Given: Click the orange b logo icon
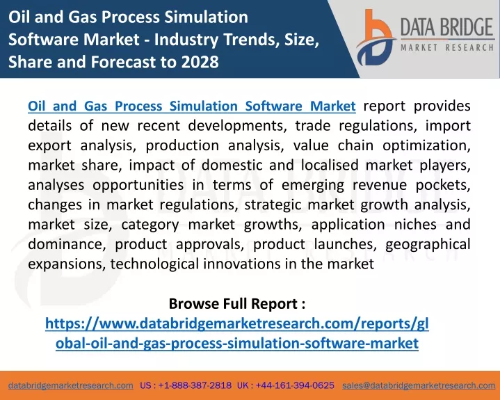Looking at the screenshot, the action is coord(376,38).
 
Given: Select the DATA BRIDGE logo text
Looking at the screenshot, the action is coord(446,27).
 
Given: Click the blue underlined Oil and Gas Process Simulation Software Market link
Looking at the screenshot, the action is coord(192,106).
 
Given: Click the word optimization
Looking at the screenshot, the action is coord(427,146).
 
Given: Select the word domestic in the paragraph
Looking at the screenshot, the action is coord(232,166).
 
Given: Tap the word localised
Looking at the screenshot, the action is coord(330,166).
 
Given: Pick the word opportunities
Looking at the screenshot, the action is coord(138,185).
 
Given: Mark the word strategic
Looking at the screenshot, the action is coord(273,205).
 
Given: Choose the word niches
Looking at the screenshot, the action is coord(415,225).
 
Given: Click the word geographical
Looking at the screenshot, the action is coord(428,245).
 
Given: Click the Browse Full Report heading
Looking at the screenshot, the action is coord(237,304).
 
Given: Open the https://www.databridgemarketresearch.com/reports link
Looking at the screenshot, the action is coord(237,333).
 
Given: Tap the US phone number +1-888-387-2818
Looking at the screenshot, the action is coord(195,385).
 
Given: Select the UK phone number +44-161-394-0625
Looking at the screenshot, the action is coord(295,385).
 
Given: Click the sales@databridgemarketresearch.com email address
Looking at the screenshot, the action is coord(419,385).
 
